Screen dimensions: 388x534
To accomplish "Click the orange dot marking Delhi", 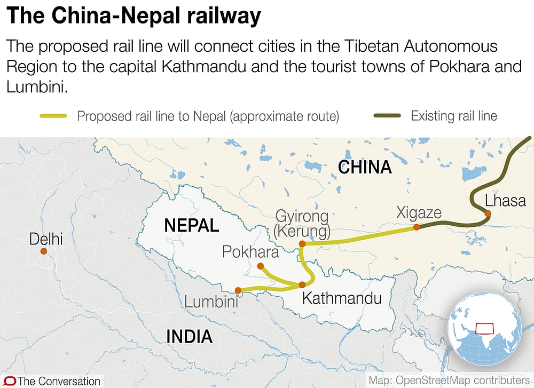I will [x=44, y=251].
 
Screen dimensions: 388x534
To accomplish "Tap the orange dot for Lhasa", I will [x=487, y=214].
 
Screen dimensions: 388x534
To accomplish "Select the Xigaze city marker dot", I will [x=417, y=227].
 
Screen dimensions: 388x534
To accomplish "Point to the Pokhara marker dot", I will [x=260, y=266].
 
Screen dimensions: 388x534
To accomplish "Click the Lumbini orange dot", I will [x=238, y=291].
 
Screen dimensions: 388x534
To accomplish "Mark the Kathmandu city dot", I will [x=302, y=284].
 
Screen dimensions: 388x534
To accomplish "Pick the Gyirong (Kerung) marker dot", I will [x=302, y=244].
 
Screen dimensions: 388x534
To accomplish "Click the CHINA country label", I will [x=365, y=168].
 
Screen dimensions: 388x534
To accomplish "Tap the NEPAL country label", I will [x=191, y=225].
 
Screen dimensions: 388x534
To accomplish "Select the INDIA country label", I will [x=189, y=336].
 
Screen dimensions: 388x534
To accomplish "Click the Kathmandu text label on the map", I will [x=342, y=298].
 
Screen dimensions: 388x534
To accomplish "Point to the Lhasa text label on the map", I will [x=505, y=201].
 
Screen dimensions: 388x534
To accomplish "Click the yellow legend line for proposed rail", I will [x=53, y=116].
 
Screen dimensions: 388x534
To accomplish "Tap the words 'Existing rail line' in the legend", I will [x=454, y=116].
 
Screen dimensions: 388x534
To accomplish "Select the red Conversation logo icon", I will [x=9, y=381].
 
